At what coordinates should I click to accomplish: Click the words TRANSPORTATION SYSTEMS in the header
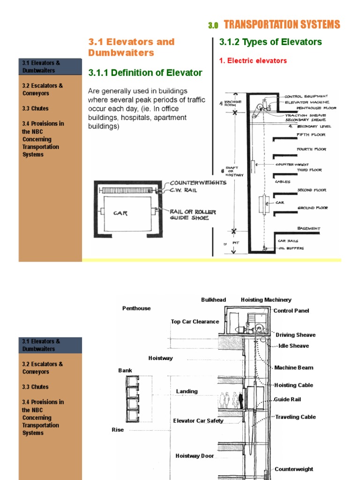pyautogui.click(x=282, y=25)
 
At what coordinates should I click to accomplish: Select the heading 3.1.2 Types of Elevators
pyautogui.click(x=270, y=42)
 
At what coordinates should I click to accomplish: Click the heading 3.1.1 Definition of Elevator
pyautogui.click(x=145, y=73)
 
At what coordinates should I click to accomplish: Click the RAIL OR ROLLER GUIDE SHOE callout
pyautogui.click(x=193, y=215)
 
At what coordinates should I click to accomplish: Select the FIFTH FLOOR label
pyautogui.click(x=311, y=135)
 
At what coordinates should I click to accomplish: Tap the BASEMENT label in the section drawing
pyautogui.click(x=309, y=228)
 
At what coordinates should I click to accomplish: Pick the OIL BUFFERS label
pyautogui.click(x=291, y=248)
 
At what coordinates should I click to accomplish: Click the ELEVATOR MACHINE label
pyautogui.click(x=307, y=102)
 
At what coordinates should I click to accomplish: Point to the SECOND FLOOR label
pyautogui.click(x=311, y=190)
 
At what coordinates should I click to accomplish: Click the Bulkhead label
pyautogui.click(x=213, y=300)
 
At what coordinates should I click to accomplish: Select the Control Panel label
pyautogui.click(x=292, y=311)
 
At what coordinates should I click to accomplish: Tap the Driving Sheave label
pyautogui.click(x=295, y=335)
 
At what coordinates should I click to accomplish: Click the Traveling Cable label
pyautogui.click(x=295, y=417)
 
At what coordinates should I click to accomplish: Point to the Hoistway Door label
pyautogui.click(x=195, y=456)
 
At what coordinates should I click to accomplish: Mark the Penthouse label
pyautogui.click(x=136, y=308)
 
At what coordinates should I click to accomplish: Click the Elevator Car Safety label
pyautogui.click(x=198, y=421)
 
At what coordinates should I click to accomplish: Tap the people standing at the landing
pyautogui.click(x=231, y=400)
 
